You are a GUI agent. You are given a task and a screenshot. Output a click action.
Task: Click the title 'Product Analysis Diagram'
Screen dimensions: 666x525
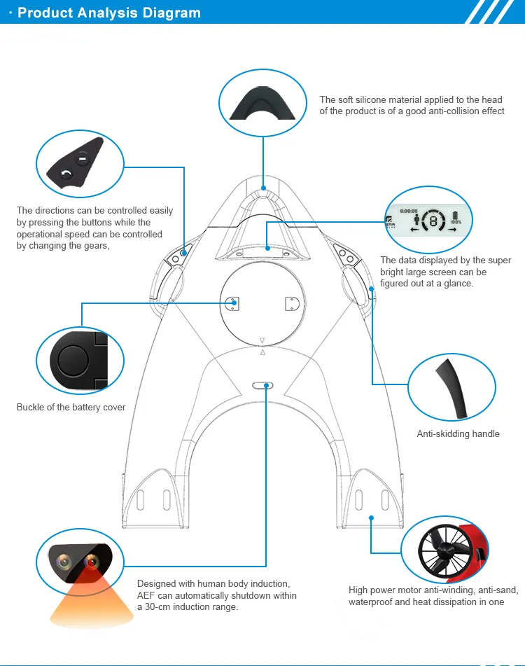pos(108,13)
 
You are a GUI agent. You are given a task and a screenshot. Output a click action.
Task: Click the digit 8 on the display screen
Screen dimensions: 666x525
pos(433,222)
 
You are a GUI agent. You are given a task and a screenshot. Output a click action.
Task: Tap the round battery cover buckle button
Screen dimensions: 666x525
pos(71,361)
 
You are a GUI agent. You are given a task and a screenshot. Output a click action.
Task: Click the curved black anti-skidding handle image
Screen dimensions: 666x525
pos(448,386)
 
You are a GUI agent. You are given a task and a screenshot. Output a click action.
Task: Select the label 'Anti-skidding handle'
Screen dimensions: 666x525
pos(458,434)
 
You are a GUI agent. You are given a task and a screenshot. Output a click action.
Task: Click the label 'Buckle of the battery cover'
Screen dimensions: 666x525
pos(71,408)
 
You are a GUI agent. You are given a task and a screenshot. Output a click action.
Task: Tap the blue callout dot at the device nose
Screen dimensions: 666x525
pos(264,188)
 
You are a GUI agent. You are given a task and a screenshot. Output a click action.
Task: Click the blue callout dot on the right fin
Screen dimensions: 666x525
pos(371,518)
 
